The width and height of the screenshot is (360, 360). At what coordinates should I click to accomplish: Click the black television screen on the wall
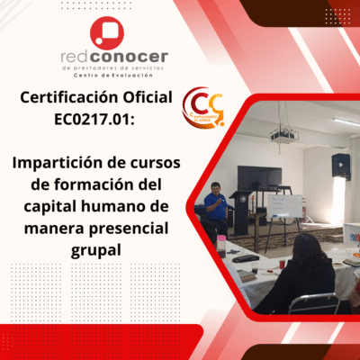(258, 177)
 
